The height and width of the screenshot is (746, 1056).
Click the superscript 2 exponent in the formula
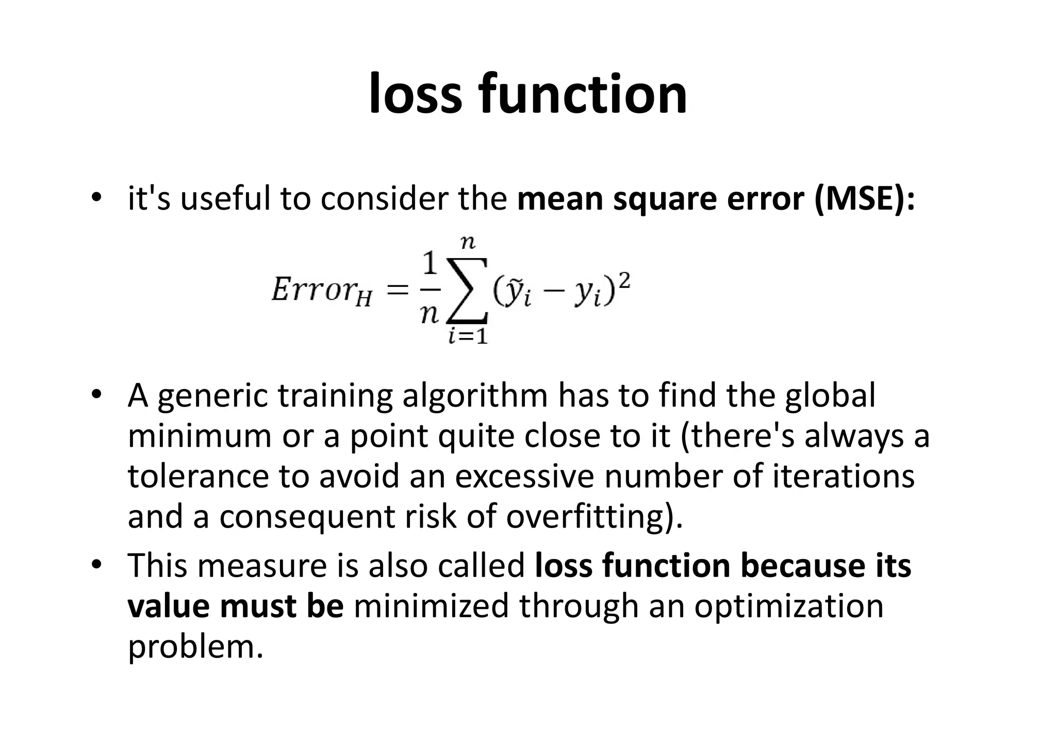(624, 281)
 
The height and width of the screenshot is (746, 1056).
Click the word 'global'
(830, 396)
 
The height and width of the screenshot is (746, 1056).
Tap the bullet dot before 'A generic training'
(96, 395)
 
